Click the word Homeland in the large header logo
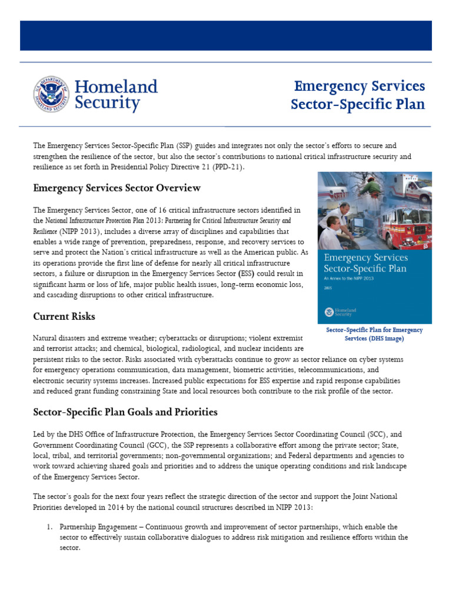pyautogui.click(x=117, y=87)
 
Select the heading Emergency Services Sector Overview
pyautogui.click(x=117, y=188)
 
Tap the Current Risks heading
pyautogui.click(x=64, y=316)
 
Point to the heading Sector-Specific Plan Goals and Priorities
pyautogui.click(x=125, y=412)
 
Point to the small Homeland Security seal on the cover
pyautogui.click(x=330, y=312)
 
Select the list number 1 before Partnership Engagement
pyautogui.click(x=49, y=526)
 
